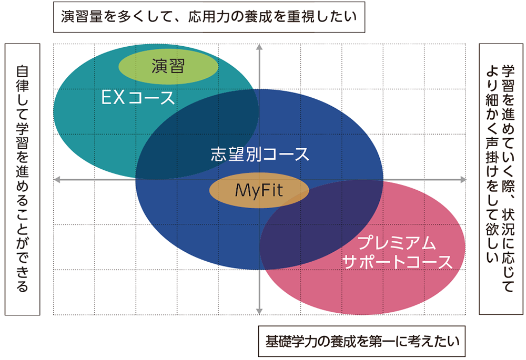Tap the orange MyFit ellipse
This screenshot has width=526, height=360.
(x=258, y=190)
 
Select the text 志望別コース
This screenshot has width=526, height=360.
(x=260, y=154)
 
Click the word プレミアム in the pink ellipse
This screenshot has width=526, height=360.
(x=397, y=243)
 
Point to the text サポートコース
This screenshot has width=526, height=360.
(x=397, y=261)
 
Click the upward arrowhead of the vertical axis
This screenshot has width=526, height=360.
(x=259, y=48)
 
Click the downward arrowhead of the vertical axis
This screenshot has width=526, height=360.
(x=259, y=311)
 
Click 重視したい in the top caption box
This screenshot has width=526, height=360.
(x=321, y=17)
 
